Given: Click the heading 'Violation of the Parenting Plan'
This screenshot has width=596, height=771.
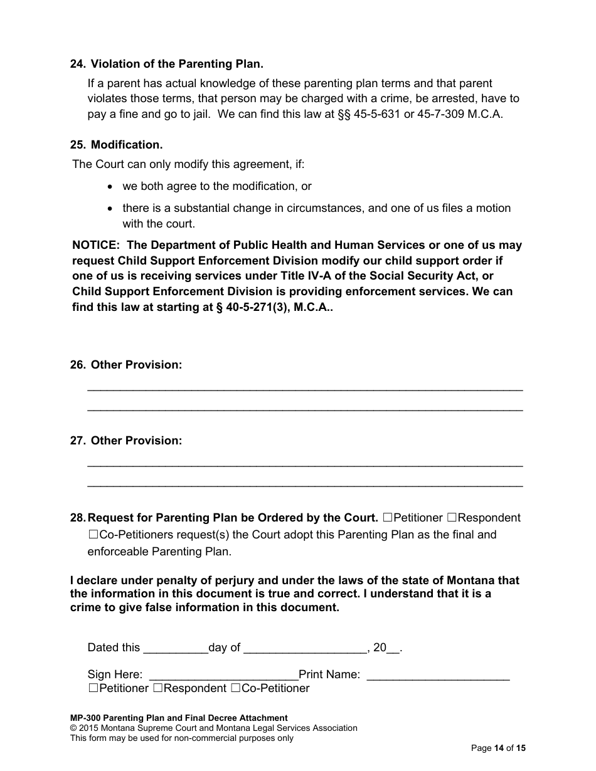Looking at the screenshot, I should pos(177,64).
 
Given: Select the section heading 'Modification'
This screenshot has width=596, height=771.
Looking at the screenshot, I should pos(127,145).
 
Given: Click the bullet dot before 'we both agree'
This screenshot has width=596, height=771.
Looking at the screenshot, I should pos(111,187).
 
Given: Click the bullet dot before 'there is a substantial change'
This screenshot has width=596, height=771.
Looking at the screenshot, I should pos(111,209).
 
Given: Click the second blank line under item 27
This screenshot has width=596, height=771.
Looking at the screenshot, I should pos(304,485).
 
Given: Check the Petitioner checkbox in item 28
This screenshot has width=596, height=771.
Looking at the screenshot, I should pos(388,518).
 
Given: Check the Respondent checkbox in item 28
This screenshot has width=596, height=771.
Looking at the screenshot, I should pos(452,518).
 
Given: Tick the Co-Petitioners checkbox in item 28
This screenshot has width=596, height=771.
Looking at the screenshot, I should pos(93,535).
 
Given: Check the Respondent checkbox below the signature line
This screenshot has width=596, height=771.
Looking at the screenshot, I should pos(158,688).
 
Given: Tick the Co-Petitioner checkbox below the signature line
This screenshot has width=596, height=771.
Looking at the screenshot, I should pos(236,688).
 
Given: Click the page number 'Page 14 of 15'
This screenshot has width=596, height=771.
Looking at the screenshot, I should pos(498,748).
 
